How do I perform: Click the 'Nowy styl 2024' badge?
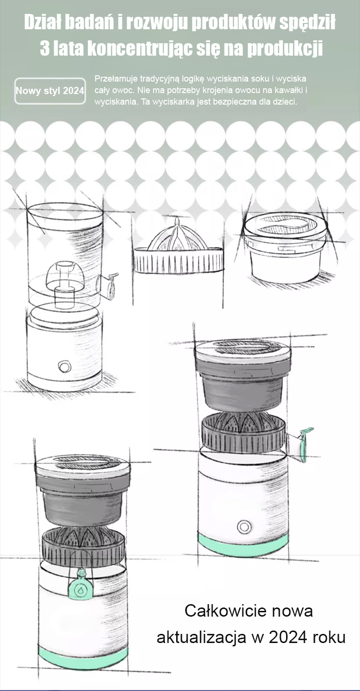click(x=50, y=91)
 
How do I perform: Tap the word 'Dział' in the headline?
click(x=42, y=23)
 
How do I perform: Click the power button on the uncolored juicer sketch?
click(x=64, y=367)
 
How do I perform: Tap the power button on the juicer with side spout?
click(x=244, y=526)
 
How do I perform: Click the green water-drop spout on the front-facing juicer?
click(x=80, y=588)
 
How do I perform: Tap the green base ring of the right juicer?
click(x=243, y=546)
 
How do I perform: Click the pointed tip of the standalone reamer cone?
click(x=177, y=217)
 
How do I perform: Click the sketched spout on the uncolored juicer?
click(x=108, y=285)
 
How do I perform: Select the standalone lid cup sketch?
click(x=285, y=248)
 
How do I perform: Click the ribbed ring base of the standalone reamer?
click(x=179, y=260)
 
